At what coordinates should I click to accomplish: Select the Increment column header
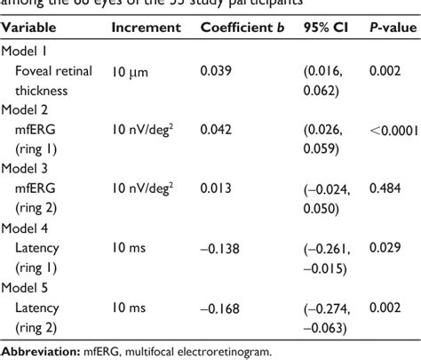[x=146, y=28]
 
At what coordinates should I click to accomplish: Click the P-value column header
[x=392, y=28]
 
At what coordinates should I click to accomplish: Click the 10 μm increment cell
[x=131, y=68]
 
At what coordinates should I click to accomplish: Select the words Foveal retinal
[x=55, y=68]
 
